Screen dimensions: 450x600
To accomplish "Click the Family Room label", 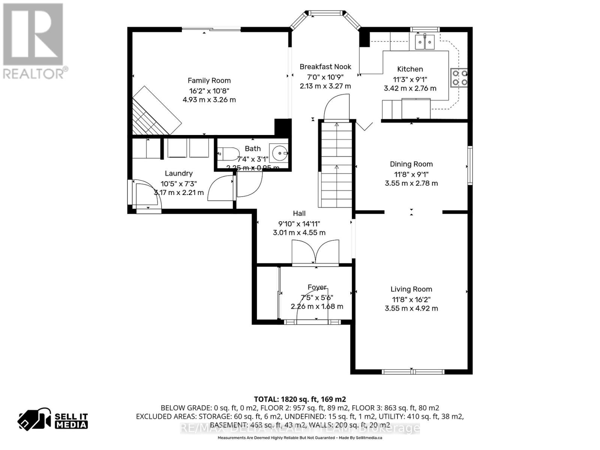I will (x=209, y=81).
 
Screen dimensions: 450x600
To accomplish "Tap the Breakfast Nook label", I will (x=325, y=67).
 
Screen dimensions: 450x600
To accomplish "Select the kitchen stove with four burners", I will (x=459, y=78).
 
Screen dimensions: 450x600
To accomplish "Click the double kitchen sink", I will (x=425, y=42).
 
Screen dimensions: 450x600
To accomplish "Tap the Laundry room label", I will (x=178, y=173).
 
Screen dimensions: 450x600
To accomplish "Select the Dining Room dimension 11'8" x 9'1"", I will (x=411, y=174).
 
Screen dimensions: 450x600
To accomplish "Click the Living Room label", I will (x=411, y=289).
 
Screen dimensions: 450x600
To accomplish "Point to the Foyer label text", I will (x=317, y=287).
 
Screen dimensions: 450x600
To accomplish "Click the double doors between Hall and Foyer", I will (x=315, y=253).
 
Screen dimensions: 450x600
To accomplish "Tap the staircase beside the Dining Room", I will (x=336, y=165).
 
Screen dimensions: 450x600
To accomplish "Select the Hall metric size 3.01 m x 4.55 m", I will (x=299, y=232).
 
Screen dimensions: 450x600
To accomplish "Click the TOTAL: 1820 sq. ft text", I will (x=300, y=399).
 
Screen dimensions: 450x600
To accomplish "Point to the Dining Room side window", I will (x=469, y=165).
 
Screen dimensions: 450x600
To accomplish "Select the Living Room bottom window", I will (x=412, y=372).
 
